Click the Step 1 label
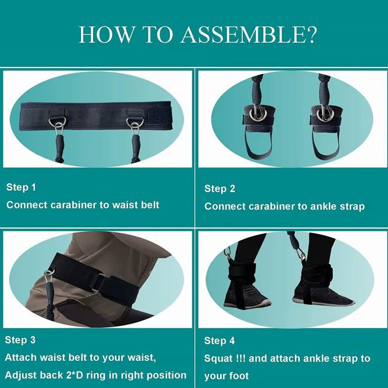(x=21, y=187)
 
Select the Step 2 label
(x=220, y=189)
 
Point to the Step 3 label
(x=20, y=340)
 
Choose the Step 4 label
(x=219, y=341)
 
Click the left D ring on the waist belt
(x=57, y=122)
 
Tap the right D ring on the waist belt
(x=135, y=122)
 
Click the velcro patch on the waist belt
(x=160, y=116)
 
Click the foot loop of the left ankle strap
(x=259, y=146)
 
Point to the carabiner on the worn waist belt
(x=49, y=276)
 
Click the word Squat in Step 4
(x=218, y=359)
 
